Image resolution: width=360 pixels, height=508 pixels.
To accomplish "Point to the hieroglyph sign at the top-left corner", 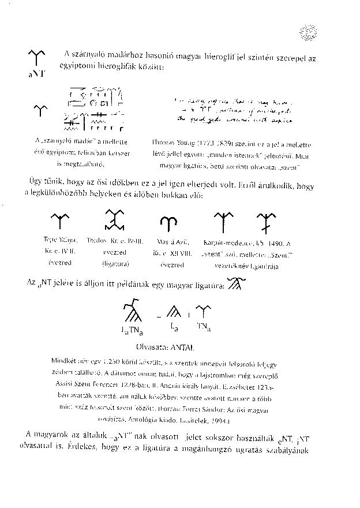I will coord(36,58).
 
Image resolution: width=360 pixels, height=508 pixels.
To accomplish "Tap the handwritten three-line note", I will coord(232,110).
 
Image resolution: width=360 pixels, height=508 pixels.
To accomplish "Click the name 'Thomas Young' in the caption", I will coord(172,142).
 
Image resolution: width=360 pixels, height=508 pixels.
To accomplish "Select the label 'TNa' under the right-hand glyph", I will coord(202,328).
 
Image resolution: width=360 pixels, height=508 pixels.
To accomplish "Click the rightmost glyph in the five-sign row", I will coord(267,221).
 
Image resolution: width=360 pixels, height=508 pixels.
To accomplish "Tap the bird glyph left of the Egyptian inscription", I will coord(40,110).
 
